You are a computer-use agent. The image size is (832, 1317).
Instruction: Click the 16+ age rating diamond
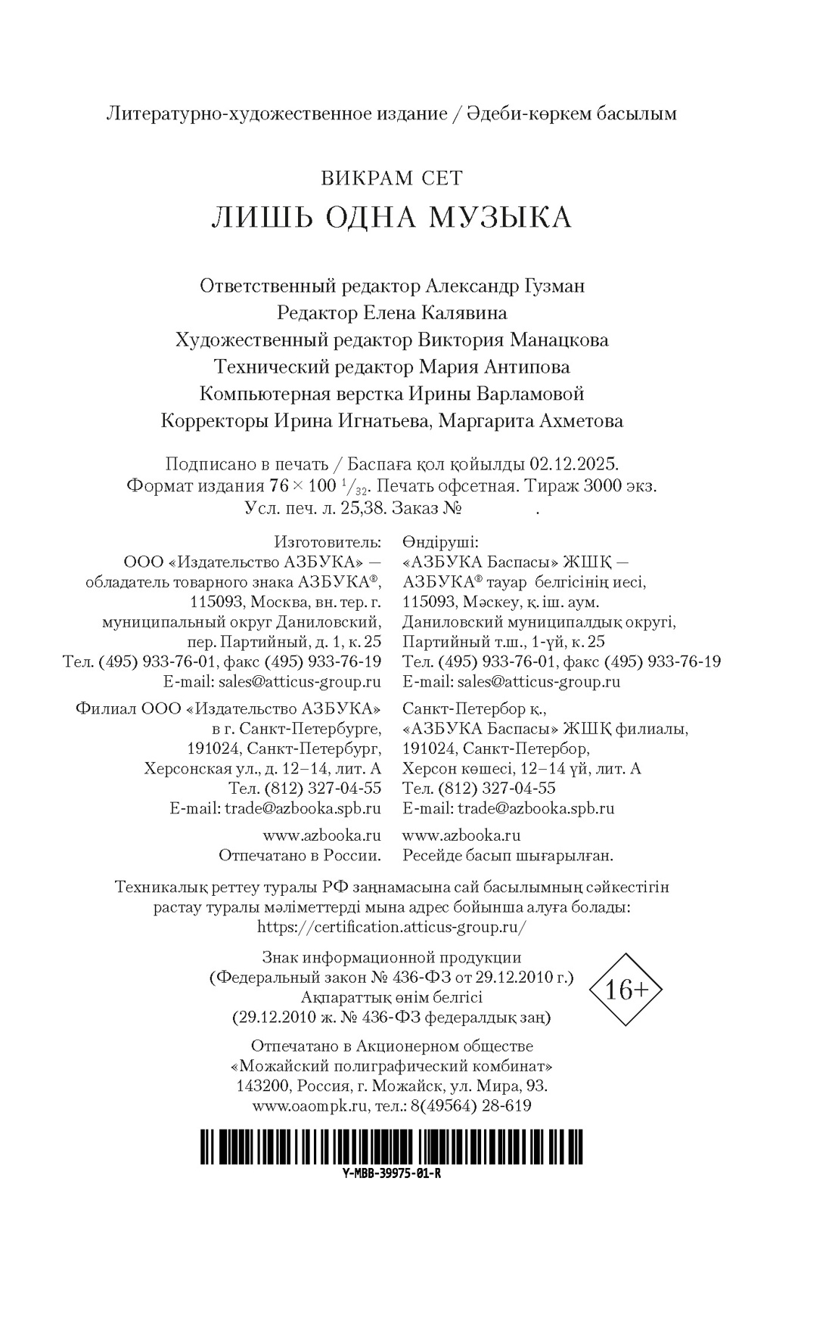pyautogui.click(x=625, y=990)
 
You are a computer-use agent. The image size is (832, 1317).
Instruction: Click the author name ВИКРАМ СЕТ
pyautogui.click(x=392, y=178)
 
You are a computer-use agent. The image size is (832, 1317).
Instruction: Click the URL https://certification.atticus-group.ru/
pyautogui.click(x=392, y=927)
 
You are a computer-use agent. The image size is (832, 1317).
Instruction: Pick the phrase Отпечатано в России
pyautogui.click(x=300, y=855)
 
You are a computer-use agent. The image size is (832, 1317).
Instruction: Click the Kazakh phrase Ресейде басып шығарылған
pyautogui.click(x=508, y=855)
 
